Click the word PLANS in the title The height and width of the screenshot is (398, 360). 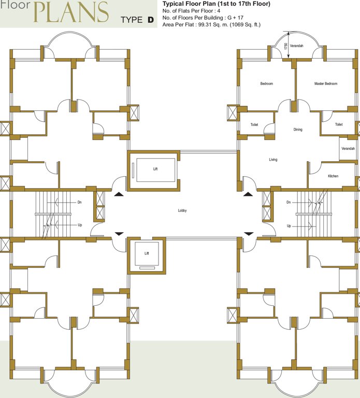point(72,12)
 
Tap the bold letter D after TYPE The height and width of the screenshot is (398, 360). point(150,20)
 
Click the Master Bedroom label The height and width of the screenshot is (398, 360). point(326,83)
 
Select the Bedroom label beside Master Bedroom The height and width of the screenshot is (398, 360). point(266,83)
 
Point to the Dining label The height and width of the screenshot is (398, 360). point(297,130)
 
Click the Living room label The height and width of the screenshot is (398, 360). point(273,160)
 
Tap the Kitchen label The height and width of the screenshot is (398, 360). point(333,176)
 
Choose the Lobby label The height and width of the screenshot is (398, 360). point(182,210)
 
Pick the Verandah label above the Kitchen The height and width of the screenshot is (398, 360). point(348,149)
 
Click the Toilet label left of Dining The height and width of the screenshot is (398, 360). point(254,125)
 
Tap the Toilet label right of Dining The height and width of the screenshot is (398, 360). point(339,125)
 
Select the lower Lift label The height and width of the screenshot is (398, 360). point(147,253)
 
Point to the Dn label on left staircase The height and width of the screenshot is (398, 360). point(79,202)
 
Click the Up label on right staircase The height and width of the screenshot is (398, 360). point(289,226)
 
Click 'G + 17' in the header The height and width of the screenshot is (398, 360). point(239,18)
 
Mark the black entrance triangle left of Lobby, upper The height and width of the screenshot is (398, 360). point(119,194)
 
